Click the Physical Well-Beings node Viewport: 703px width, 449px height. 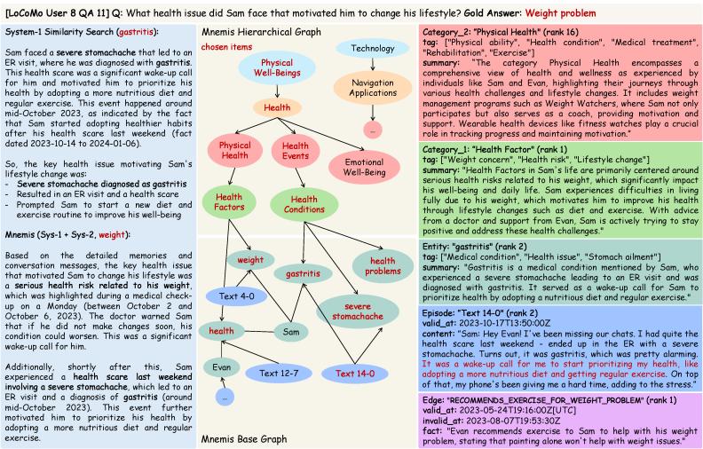(277, 67)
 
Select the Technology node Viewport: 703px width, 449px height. (373, 48)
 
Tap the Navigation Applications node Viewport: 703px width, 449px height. (373, 88)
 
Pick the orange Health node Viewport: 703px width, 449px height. (277, 107)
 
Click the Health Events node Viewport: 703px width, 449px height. (296, 151)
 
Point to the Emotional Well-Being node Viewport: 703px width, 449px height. (364, 167)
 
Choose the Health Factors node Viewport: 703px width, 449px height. (229, 201)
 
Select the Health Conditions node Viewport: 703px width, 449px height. (304, 204)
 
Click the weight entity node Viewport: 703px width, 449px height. (250, 260)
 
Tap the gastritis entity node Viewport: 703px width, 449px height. (303, 273)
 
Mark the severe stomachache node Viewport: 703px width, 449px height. (358, 311)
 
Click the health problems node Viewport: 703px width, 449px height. (383, 265)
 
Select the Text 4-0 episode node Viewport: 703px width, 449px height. (237, 296)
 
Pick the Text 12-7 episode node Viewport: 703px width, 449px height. (279, 374)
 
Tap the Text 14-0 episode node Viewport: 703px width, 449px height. (355, 374)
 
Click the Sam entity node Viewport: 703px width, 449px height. (291, 332)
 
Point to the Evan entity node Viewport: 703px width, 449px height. (222, 367)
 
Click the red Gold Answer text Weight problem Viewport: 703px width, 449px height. (560, 13)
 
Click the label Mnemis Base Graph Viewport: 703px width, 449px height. (244, 439)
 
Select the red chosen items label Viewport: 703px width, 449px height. (226, 47)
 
